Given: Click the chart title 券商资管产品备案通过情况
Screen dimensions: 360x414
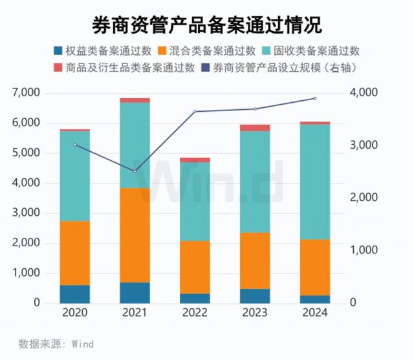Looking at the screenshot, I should tap(206, 24).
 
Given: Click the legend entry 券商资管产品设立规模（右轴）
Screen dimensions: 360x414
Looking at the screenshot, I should tap(281, 67).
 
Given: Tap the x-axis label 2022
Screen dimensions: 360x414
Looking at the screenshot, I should tap(195, 313).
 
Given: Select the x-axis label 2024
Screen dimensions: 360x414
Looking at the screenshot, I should tap(314, 313).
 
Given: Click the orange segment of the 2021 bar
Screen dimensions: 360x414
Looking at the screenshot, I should tap(135, 235).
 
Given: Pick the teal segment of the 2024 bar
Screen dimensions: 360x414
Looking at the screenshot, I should tap(314, 182).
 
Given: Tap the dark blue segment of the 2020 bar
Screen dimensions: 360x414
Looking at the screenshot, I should tap(74, 294).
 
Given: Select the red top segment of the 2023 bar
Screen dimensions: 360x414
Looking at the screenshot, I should tap(255, 128).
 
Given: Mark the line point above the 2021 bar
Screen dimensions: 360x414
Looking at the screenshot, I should tap(135, 171).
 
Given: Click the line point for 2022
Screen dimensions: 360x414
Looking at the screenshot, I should tap(195, 112).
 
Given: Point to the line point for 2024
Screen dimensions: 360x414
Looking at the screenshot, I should tap(314, 98).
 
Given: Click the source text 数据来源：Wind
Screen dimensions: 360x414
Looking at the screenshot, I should tap(56, 344).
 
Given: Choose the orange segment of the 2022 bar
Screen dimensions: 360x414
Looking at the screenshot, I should tap(195, 268).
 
